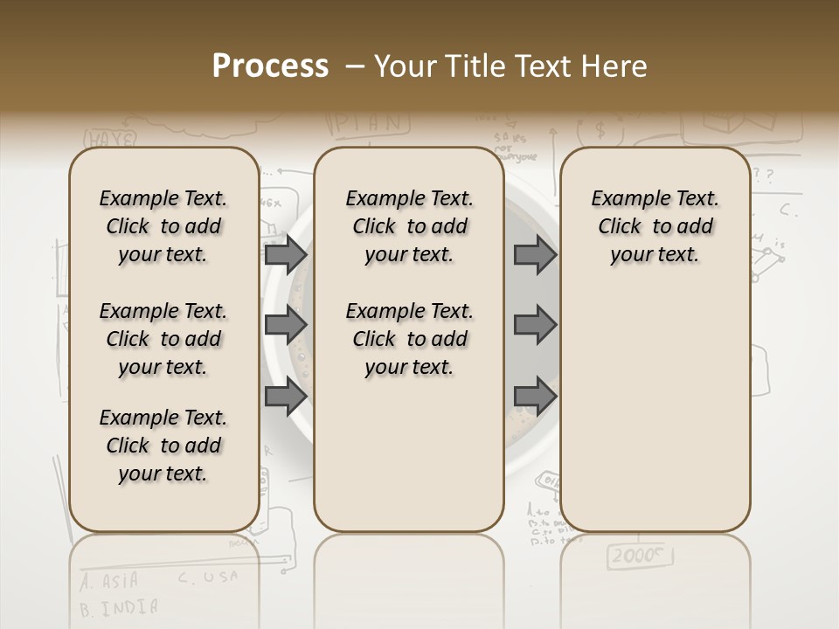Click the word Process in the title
pyautogui.click(x=270, y=66)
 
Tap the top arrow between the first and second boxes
pyautogui.click(x=286, y=254)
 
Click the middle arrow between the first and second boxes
pyautogui.click(x=286, y=325)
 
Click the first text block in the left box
pyautogui.click(x=163, y=226)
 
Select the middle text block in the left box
pyautogui.click(x=163, y=339)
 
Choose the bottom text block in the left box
pyautogui.click(x=163, y=446)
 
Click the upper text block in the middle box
pyautogui.click(x=409, y=226)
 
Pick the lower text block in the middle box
pyautogui.click(x=409, y=339)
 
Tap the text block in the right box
pyautogui.click(x=655, y=226)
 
